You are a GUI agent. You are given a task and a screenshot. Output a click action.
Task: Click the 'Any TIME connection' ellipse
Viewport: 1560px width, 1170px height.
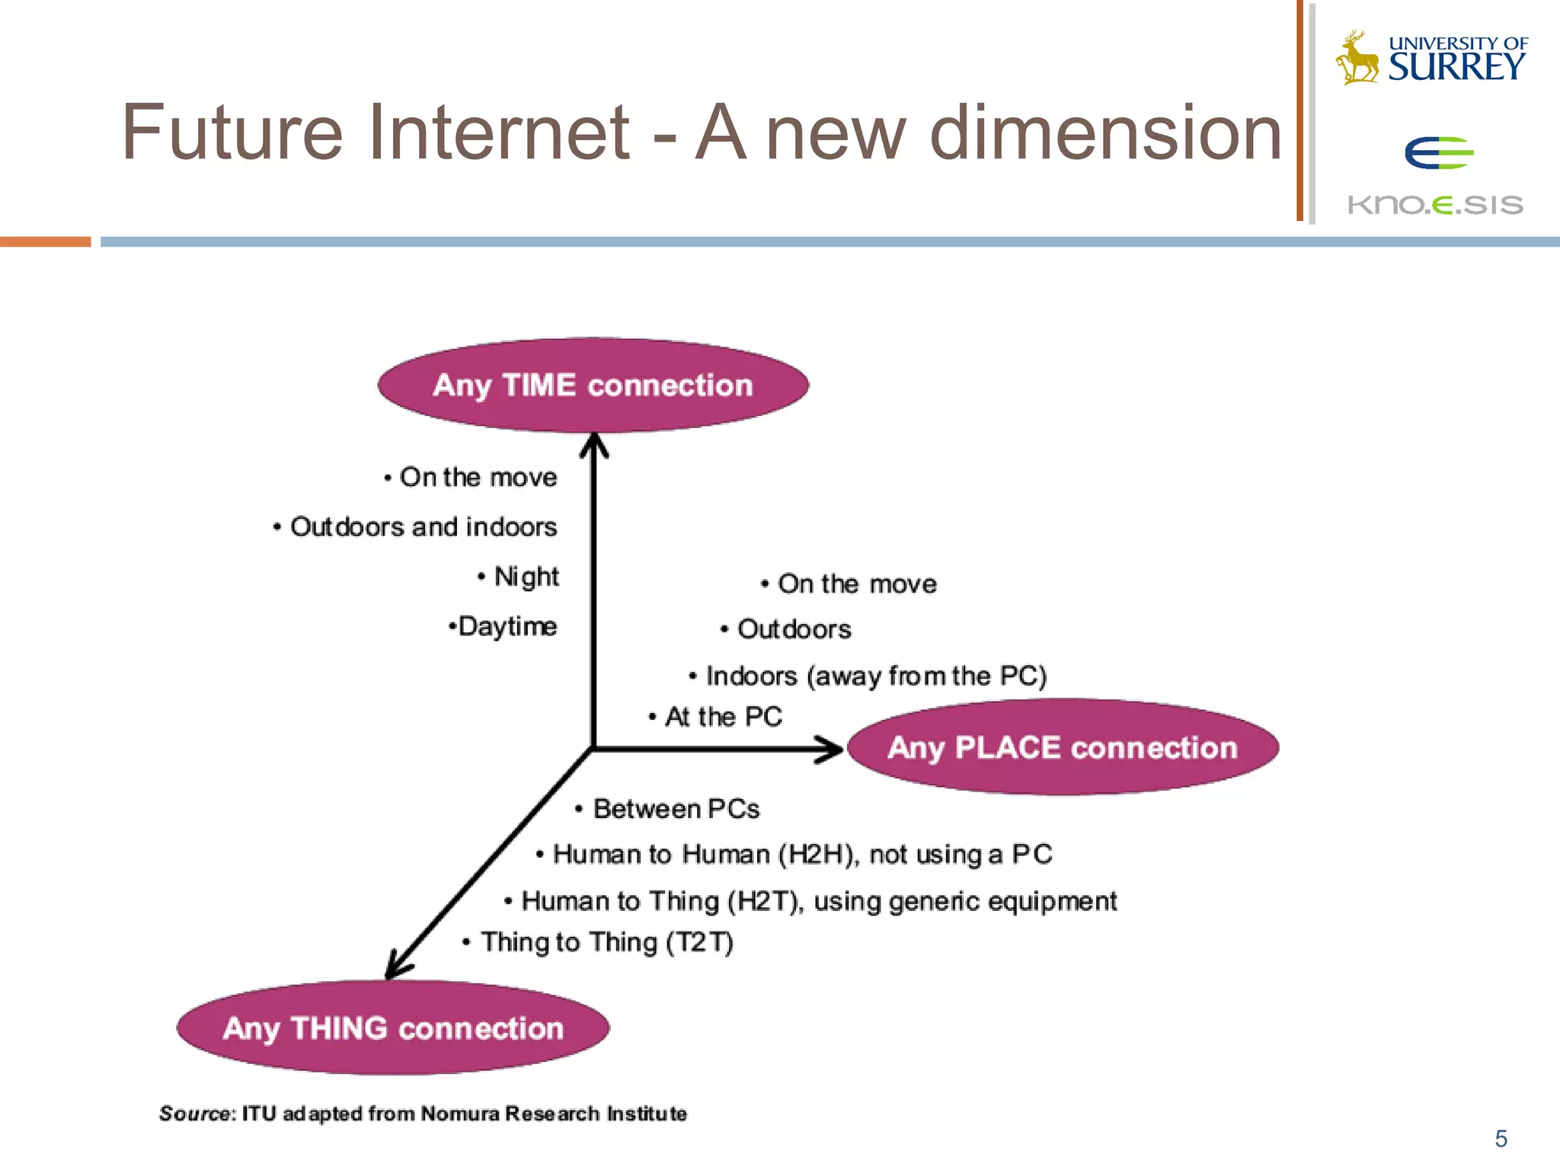click(x=593, y=385)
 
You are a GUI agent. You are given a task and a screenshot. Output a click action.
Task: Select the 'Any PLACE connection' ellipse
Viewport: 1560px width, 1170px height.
click(x=1063, y=747)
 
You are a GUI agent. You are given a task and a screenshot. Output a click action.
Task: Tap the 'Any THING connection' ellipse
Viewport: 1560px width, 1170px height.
click(x=393, y=1028)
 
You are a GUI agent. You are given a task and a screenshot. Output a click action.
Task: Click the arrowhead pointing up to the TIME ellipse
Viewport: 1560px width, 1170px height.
click(x=594, y=445)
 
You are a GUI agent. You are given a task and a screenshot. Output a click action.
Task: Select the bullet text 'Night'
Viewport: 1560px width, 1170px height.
click(x=526, y=577)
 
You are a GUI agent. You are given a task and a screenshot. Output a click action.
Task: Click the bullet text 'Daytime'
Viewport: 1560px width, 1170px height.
click(x=507, y=626)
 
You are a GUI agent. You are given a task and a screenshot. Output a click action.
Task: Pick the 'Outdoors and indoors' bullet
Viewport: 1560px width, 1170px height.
click(x=423, y=527)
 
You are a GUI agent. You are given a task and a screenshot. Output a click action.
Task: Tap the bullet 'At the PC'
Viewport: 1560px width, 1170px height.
click(x=723, y=717)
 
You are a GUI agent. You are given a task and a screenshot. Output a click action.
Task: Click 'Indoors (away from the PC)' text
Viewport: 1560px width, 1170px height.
click(x=876, y=676)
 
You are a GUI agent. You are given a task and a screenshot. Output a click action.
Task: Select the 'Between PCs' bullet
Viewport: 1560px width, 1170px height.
click(x=676, y=809)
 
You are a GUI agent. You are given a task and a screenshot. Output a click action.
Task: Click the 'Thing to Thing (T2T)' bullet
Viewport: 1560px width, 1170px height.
click(x=606, y=942)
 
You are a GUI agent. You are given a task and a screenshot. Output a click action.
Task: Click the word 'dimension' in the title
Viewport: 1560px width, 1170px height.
click(x=1106, y=133)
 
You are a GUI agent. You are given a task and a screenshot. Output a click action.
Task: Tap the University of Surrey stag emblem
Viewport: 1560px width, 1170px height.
click(x=1357, y=58)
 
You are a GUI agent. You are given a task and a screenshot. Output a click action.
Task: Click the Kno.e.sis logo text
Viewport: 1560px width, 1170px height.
click(x=1435, y=205)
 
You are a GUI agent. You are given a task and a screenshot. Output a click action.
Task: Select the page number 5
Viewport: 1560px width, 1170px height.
click(x=1501, y=1138)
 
